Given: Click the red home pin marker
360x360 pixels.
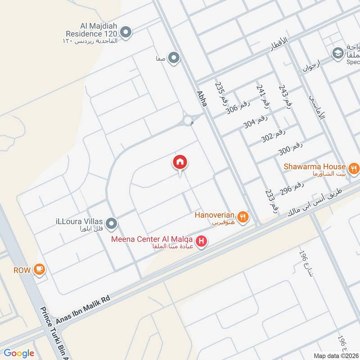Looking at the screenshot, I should pyautogui.click(x=180, y=163).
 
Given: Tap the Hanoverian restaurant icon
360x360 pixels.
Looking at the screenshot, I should pyautogui.click(x=243, y=217).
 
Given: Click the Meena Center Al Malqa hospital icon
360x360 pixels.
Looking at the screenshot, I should pyautogui.click(x=202, y=242).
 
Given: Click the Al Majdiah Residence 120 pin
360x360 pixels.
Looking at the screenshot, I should pyautogui.click(x=126, y=32).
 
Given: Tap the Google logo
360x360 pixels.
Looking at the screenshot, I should pyautogui.click(x=18, y=353).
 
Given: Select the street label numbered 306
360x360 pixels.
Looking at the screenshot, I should pyautogui.click(x=238, y=108).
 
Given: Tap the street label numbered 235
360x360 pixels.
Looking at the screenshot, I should pyautogui.click(x=220, y=93).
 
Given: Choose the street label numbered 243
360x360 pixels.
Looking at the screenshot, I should pyautogui.click(x=284, y=96).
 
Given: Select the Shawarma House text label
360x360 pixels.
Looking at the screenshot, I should pyautogui.click(x=315, y=166).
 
